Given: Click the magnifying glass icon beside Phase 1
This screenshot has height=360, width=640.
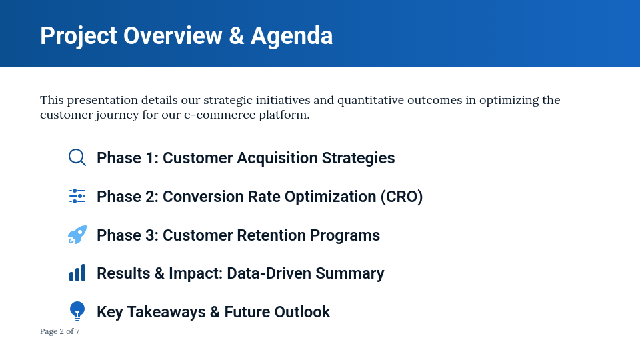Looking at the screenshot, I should [x=77, y=157].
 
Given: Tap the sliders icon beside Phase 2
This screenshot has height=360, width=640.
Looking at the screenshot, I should [x=77, y=196].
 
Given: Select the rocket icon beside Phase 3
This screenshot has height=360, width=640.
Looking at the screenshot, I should [x=77, y=235].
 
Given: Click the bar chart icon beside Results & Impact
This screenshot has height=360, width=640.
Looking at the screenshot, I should [x=77, y=273].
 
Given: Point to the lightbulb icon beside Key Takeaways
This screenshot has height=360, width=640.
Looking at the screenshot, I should [x=77, y=311].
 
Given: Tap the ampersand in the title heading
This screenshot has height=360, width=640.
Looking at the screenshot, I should [x=236, y=36].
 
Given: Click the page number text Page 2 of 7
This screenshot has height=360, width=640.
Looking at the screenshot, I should [x=60, y=331].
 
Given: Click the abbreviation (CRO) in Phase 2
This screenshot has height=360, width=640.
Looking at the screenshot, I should [x=401, y=197].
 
